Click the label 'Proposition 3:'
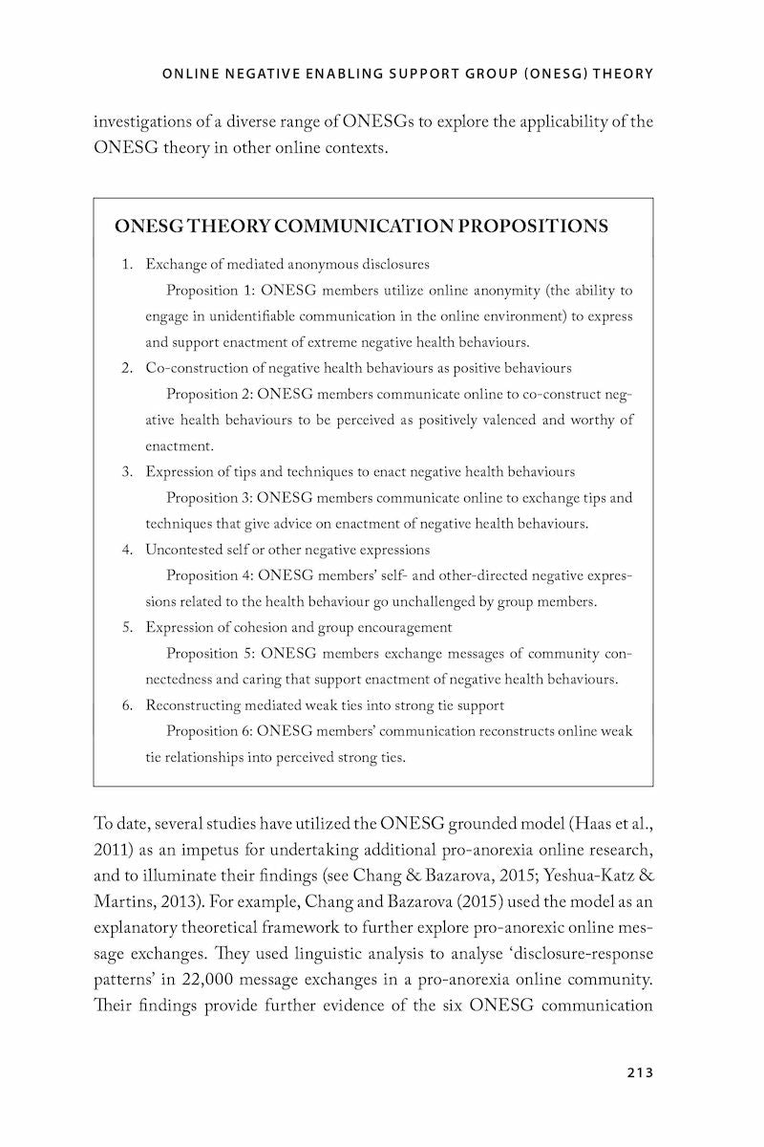pos(208,498)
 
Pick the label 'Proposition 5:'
pos(209,654)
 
